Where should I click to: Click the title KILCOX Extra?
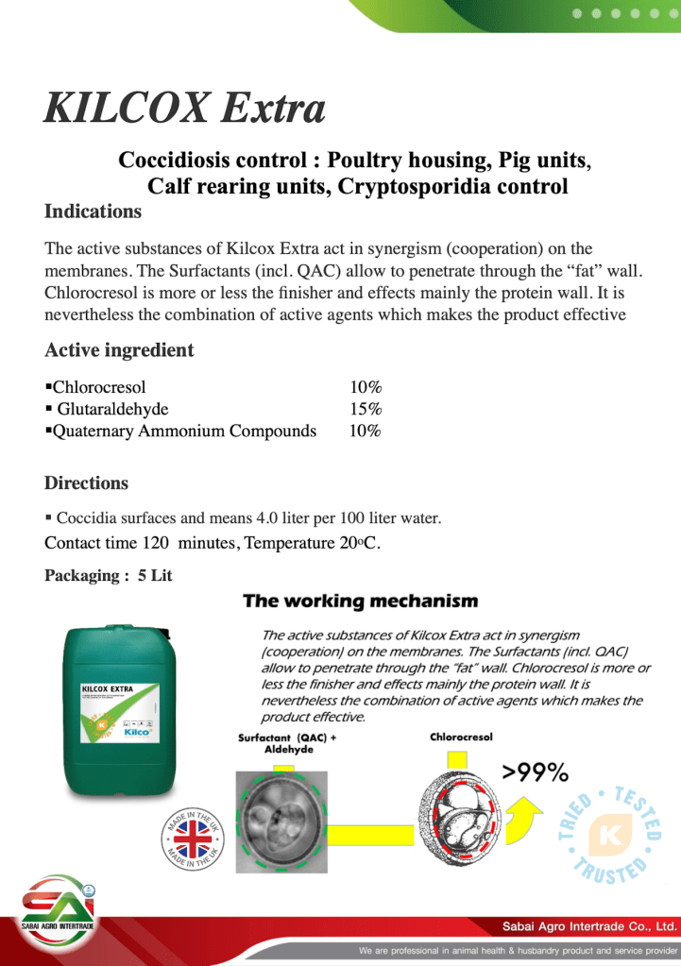pos(184,110)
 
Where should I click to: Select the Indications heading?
pos(93,211)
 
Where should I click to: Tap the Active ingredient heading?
pos(119,350)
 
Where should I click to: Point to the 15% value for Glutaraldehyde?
pos(366,409)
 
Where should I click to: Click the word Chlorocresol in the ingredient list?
pos(99,387)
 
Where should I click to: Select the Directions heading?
pos(86,483)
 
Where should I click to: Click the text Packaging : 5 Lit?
pos(109,575)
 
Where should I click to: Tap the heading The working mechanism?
pos(360,602)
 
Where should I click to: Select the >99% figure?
pos(535,773)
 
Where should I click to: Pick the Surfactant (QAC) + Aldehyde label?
pos(287,743)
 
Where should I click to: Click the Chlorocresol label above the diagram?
pos(461,737)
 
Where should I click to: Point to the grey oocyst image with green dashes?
pos(281,821)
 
